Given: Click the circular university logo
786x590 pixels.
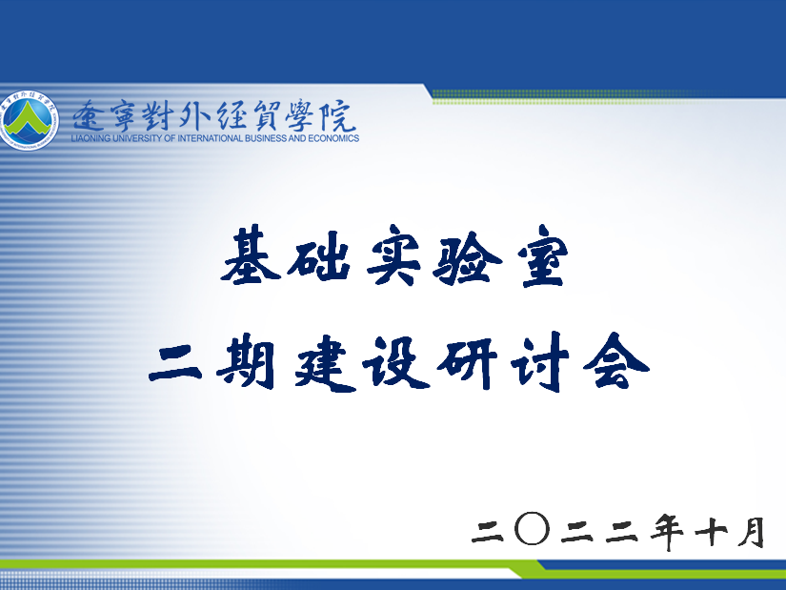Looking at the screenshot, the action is [x=30, y=120].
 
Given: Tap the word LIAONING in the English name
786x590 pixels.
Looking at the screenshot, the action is [x=91, y=138].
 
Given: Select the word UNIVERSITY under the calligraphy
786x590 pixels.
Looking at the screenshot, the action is [x=135, y=138].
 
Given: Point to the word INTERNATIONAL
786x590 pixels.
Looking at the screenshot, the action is [x=210, y=138].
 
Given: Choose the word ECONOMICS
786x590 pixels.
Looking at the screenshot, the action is [x=333, y=138].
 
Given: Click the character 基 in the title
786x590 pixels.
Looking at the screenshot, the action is [x=251, y=254].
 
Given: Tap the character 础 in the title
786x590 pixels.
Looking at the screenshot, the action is [x=319, y=255].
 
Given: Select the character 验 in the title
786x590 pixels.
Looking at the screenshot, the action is [x=467, y=255].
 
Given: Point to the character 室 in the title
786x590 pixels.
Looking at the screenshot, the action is [x=544, y=255].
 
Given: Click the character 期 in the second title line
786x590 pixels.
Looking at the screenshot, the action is [x=246, y=362].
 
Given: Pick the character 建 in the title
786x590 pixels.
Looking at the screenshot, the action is [x=325, y=362].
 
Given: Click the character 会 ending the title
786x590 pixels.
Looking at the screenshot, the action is [x=615, y=361].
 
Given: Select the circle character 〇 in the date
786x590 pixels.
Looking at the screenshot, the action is [x=533, y=529].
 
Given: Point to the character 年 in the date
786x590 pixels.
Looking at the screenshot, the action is [x=667, y=531].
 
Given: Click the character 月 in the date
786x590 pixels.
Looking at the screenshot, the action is [x=751, y=532].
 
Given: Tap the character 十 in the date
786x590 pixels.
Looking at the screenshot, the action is [x=711, y=531].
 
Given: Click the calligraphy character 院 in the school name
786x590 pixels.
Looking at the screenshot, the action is [x=339, y=116].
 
